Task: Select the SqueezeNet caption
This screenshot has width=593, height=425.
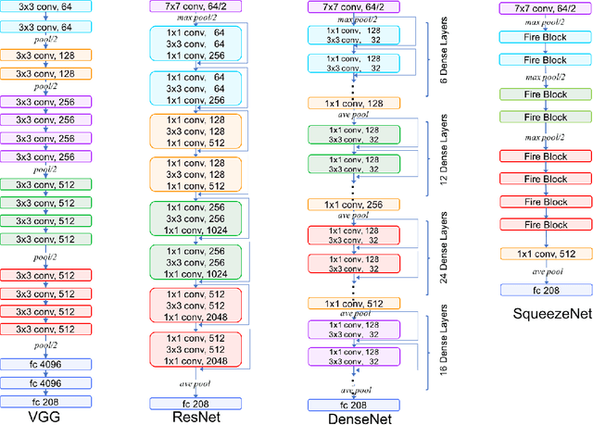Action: pyautogui.click(x=538, y=313)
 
